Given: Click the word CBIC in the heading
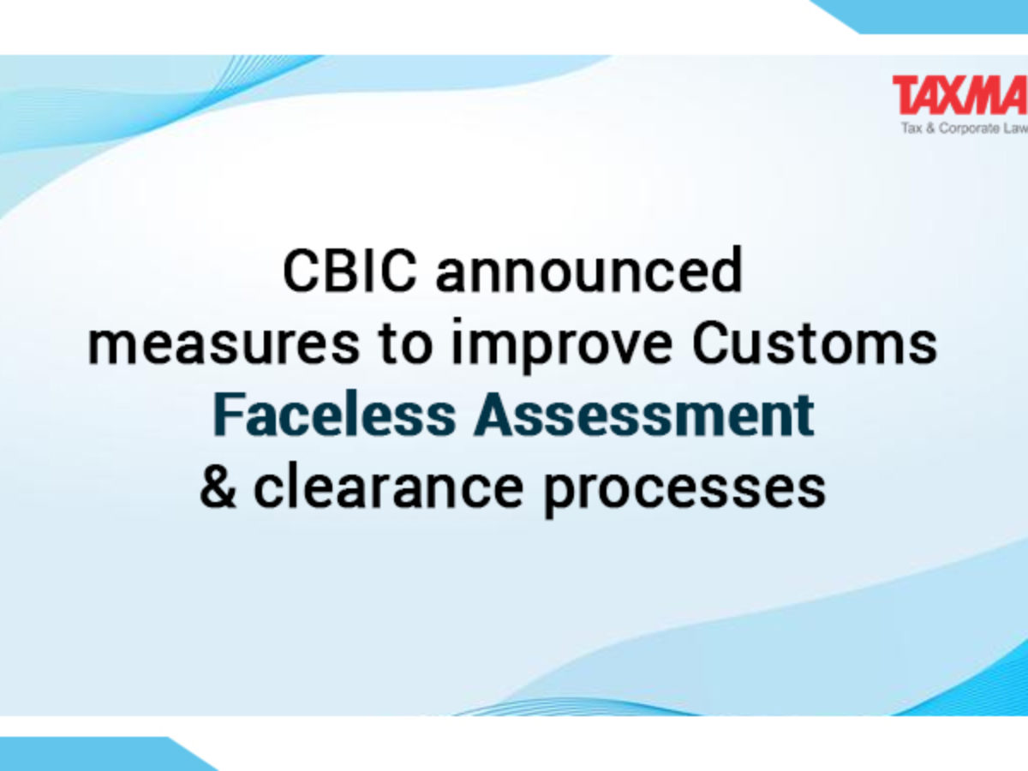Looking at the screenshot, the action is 350,272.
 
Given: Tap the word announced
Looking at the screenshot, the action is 589,270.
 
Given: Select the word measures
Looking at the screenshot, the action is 224,347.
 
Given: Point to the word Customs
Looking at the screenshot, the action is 815,344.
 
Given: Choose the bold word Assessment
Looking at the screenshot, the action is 643,415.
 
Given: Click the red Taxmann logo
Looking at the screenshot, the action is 960,95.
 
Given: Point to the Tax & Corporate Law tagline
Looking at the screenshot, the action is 965,128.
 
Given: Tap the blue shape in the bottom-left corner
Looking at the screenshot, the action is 93,756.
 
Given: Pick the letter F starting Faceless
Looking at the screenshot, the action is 228,415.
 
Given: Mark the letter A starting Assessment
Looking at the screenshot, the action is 493,415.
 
